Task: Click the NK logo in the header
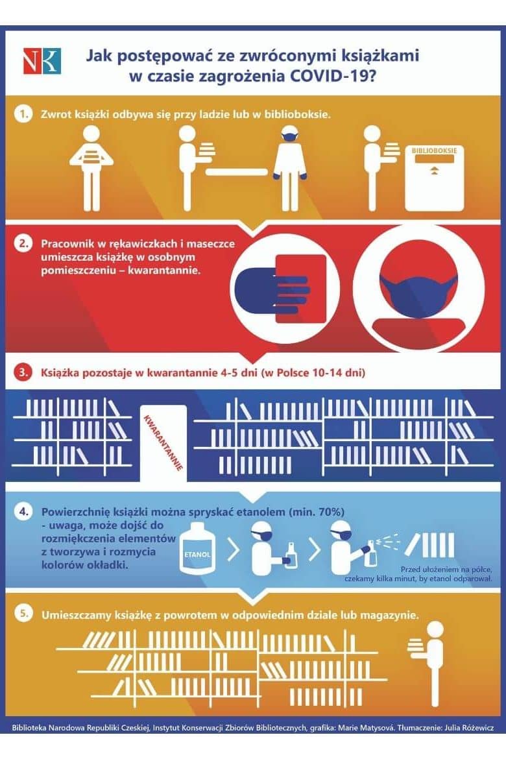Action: [42, 61]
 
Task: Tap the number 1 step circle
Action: [22, 114]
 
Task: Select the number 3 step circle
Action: [23, 373]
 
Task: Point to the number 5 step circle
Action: [23, 614]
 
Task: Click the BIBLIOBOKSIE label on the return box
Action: [435, 151]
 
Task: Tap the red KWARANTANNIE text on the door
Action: [163, 442]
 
